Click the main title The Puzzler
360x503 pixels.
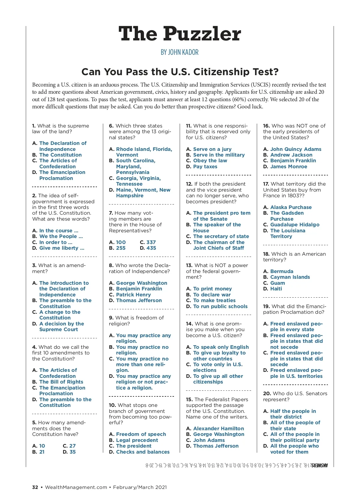point(180,34)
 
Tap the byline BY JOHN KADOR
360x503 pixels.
point(179,52)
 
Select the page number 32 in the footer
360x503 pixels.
point(35,487)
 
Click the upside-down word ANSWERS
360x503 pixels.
point(319,465)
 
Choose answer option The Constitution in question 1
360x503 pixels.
point(60,155)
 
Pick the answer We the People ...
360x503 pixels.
point(61,236)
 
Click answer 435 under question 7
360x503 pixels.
point(151,248)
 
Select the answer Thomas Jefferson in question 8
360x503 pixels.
point(139,300)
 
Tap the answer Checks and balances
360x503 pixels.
point(143,452)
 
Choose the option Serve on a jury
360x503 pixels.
point(212,149)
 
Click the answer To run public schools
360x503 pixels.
point(220,306)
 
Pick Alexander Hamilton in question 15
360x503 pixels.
point(218,428)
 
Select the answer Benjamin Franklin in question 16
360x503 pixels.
point(293,160)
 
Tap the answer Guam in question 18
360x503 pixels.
point(277,283)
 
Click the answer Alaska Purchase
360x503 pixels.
point(291,207)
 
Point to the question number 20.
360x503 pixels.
point(267,393)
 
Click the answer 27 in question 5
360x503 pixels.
point(72,446)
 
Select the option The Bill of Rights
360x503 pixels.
point(61,382)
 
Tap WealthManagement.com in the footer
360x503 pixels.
point(76,487)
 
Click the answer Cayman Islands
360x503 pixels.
point(290,277)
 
